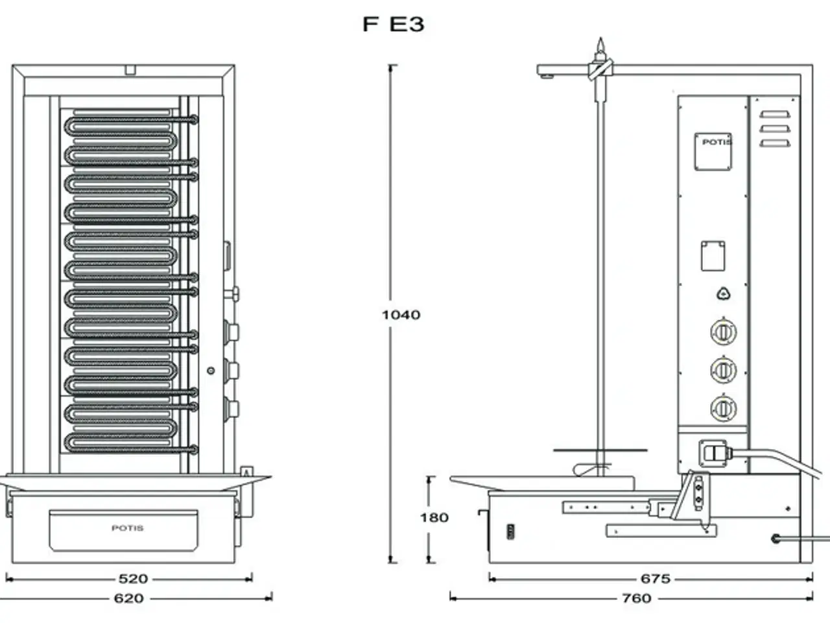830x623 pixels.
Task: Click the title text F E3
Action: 394,24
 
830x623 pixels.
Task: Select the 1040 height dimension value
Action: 401,315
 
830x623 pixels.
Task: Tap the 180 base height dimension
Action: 434,518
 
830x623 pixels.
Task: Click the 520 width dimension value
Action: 132,578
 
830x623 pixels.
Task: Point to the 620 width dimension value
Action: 128,598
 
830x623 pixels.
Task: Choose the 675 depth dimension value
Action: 655,578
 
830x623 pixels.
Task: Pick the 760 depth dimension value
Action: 636,598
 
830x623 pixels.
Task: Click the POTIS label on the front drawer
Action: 128,528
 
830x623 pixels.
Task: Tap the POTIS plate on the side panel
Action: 713,151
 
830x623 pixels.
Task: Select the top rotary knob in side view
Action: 723,333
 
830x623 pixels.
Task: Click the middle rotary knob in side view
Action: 723,371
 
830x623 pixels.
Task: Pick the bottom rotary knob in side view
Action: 723,409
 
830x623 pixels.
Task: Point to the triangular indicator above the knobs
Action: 724,294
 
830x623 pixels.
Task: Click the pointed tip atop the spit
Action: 601,45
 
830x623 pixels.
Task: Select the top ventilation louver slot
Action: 776,116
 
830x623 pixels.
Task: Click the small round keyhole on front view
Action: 211,371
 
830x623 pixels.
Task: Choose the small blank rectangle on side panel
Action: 713,256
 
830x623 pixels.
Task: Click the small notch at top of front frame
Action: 130,69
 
